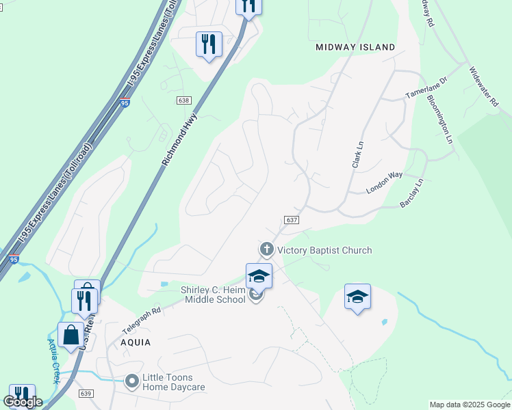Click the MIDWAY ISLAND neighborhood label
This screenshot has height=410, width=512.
(355, 47)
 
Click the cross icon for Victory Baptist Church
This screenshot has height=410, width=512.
(266, 249)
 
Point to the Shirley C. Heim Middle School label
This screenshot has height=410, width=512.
(213, 295)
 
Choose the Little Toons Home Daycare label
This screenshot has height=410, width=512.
(173, 382)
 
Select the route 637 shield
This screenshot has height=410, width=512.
(291, 219)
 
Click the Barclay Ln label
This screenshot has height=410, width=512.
(412, 193)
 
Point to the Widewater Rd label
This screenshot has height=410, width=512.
(484, 86)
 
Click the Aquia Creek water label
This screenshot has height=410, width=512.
(54, 361)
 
